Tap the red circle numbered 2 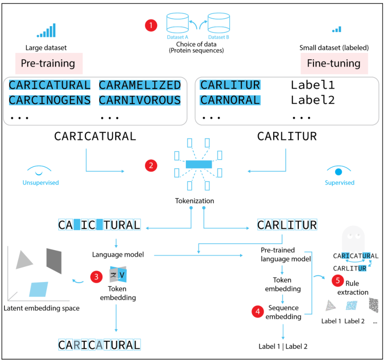pos(151,166)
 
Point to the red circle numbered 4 pos(257,312)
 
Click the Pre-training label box pos(48,64)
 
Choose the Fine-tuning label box pos(334,64)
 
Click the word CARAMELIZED pos(140,85)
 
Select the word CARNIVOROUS pos(140,100)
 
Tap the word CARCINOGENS pos(50,100)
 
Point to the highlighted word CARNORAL pos(230,100)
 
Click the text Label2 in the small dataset pos(313,100)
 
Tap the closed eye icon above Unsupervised pos(40,171)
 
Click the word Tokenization pos(195,201)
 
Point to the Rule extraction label pos(352,288)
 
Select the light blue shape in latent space pos(38,289)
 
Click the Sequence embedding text pos(283,312)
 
